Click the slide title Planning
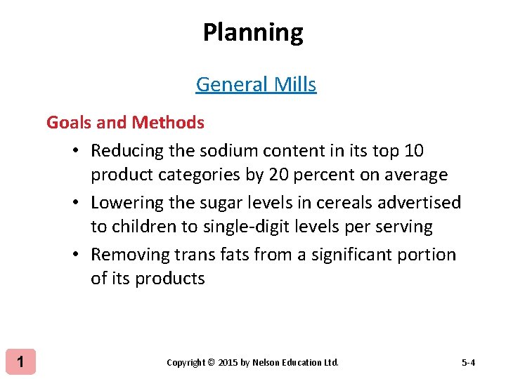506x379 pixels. pyautogui.click(x=253, y=33)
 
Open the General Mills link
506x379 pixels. pyautogui.click(x=256, y=84)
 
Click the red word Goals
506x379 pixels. pyautogui.click(x=68, y=123)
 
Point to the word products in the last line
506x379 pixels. pyautogui.click(x=169, y=279)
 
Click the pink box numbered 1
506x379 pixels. pyautogui.click(x=21, y=362)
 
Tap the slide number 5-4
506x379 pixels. pyautogui.click(x=468, y=363)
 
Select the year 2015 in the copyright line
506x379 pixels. pyautogui.click(x=228, y=363)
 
